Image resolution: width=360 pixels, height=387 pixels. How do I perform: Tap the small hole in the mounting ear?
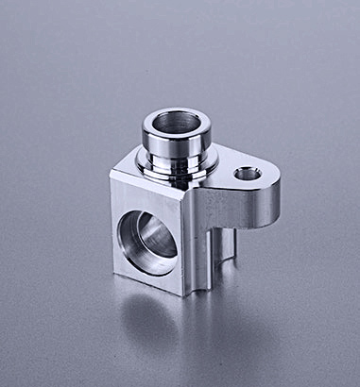(248, 174)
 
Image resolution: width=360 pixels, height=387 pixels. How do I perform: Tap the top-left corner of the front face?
(111, 177)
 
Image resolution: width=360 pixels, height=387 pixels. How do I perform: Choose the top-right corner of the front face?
(186, 200)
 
